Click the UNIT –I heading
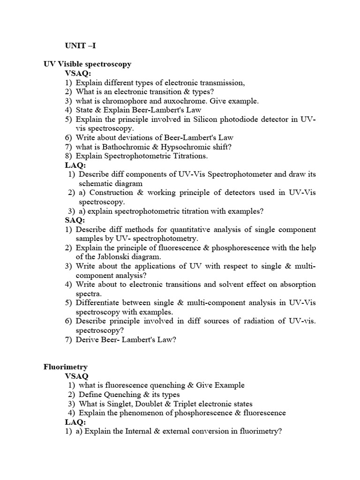click(x=81, y=46)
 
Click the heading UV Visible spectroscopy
click(x=88, y=64)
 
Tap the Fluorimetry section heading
click(x=66, y=367)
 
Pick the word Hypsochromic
click(x=188, y=147)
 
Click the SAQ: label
click(x=75, y=220)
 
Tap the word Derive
click(x=87, y=340)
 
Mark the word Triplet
click(x=189, y=404)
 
